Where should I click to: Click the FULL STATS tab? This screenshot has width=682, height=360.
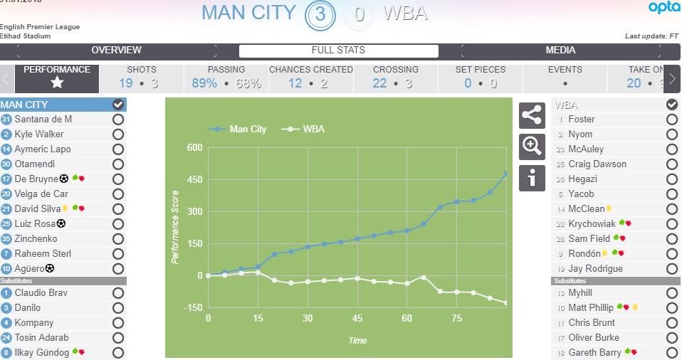tap(338, 51)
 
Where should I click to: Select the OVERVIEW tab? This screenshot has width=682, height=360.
tap(116, 51)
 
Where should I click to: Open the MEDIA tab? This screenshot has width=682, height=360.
tap(560, 51)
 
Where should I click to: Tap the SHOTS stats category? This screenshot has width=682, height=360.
tap(141, 76)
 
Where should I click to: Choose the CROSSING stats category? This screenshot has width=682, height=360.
tap(395, 76)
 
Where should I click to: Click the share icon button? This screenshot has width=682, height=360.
tap(532, 115)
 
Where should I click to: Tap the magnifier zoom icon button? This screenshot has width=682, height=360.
tap(532, 147)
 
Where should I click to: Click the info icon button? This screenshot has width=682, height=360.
tap(532, 178)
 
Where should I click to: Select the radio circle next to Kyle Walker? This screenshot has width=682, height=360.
tap(118, 134)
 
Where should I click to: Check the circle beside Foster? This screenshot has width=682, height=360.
tap(671, 120)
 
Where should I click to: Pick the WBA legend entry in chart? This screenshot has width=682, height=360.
tap(308, 129)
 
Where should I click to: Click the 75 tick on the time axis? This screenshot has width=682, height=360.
tap(457, 318)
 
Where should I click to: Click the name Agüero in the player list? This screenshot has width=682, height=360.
tap(29, 269)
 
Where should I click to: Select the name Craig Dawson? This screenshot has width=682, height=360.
tap(597, 164)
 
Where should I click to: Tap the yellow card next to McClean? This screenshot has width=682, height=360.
tap(609, 209)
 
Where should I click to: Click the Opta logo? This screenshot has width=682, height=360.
tap(663, 8)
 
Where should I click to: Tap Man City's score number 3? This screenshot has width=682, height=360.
tap(320, 15)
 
